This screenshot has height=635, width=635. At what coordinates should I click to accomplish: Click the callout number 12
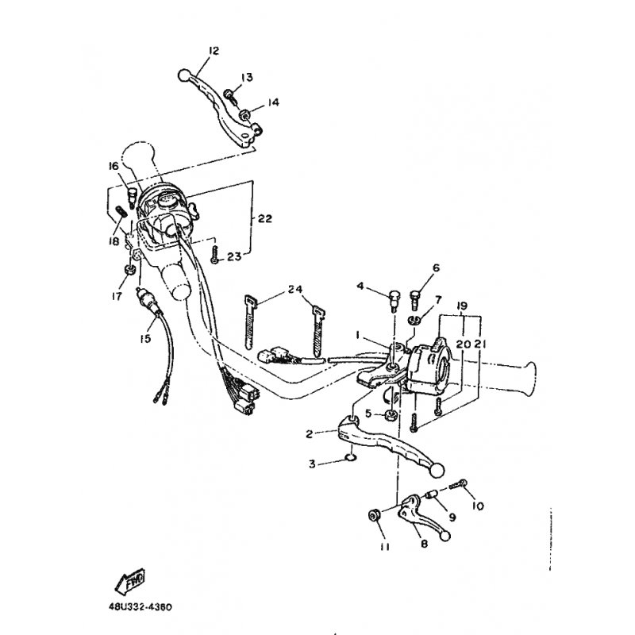click(x=214, y=51)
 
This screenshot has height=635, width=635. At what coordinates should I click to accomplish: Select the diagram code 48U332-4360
click(x=140, y=607)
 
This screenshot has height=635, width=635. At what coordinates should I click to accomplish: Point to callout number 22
click(x=265, y=219)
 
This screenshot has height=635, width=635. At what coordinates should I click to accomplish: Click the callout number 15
click(x=145, y=338)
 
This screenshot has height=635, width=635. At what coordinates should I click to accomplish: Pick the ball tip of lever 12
click(x=184, y=75)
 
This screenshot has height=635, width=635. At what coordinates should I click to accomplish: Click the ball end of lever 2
click(x=437, y=470)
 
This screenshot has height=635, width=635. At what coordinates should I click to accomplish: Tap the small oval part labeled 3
click(x=349, y=458)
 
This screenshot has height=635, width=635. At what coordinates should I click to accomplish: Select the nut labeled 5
click(x=391, y=414)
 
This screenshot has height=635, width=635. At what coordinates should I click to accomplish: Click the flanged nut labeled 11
click(x=373, y=515)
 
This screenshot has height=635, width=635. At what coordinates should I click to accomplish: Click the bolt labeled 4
click(x=394, y=300)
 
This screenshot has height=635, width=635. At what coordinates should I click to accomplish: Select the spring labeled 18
click(x=121, y=211)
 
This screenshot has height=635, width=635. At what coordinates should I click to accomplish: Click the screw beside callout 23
click(x=214, y=254)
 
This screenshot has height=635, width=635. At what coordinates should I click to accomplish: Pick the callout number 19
click(x=461, y=306)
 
